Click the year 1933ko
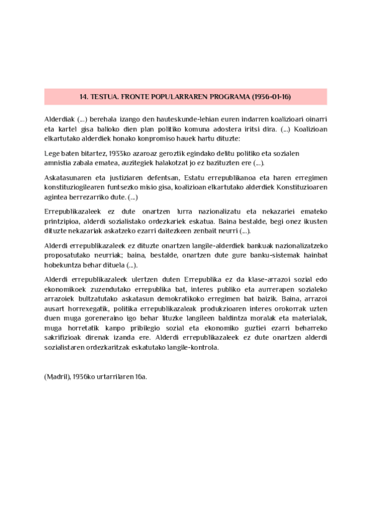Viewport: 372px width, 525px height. (107, 153)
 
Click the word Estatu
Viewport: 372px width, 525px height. (196, 178)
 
